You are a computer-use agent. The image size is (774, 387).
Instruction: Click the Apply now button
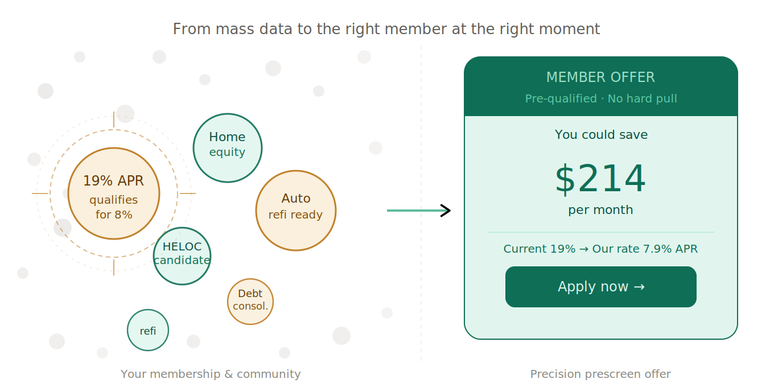pyautogui.click(x=600, y=287)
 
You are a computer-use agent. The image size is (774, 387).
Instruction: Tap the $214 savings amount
pyautogui.click(x=600, y=179)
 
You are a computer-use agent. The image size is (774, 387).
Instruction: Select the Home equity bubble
pyautogui.click(x=228, y=148)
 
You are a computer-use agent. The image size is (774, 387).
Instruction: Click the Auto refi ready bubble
pyautogui.click(x=296, y=211)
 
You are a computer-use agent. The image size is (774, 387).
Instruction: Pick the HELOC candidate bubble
pyautogui.click(x=182, y=256)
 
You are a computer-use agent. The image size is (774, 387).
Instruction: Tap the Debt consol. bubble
pyautogui.click(x=250, y=302)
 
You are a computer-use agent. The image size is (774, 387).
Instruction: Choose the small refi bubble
pyautogui.click(x=148, y=330)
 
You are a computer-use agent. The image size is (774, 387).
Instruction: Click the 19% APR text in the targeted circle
pyautogui.click(x=113, y=181)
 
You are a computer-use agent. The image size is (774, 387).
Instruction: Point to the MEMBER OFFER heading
pyautogui.click(x=600, y=77)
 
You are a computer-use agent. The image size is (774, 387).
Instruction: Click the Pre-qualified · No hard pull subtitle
pyautogui.click(x=601, y=98)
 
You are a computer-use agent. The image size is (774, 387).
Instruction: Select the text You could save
pyautogui.click(x=601, y=134)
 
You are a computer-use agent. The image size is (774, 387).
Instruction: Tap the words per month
pyautogui.click(x=600, y=210)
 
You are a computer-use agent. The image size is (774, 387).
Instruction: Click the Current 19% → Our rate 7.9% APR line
pyautogui.click(x=600, y=249)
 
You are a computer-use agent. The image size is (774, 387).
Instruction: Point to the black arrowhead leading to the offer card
pyautogui.click(x=446, y=211)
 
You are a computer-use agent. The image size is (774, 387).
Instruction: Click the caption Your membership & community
pyautogui.click(x=211, y=374)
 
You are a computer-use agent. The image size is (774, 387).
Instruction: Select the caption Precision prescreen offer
pyautogui.click(x=600, y=374)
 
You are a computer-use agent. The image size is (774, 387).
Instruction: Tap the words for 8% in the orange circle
pyautogui.click(x=114, y=215)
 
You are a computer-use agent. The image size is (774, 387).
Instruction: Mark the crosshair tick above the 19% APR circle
pyautogui.click(x=114, y=120)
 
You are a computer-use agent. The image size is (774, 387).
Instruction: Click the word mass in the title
pyautogui.click(x=235, y=29)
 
